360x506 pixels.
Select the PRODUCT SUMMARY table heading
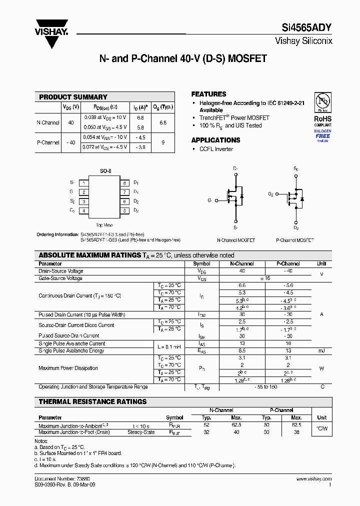click(x=73, y=97)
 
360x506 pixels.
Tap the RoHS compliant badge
click(x=322, y=118)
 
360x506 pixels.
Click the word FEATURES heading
click(x=208, y=94)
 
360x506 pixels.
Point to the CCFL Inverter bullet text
click(x=216, y=149)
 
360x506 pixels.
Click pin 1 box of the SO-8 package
click(x=84, y=183)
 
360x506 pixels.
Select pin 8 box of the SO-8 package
click(x=124, y=183)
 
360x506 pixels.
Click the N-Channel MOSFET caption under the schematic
click(x=235, y=240)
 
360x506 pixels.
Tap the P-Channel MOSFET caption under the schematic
click(x=295, y=240)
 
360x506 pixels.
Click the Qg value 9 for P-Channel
click(x=162, y=142)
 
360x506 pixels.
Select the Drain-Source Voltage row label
click(x=61, y=271)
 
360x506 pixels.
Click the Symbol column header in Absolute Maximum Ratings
click(x=201, y=263)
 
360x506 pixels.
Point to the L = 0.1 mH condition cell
click(x=168, y=347)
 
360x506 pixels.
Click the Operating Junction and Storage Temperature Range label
click(x=93, y=386)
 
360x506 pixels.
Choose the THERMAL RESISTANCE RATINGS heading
click(x=93, y=401)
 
